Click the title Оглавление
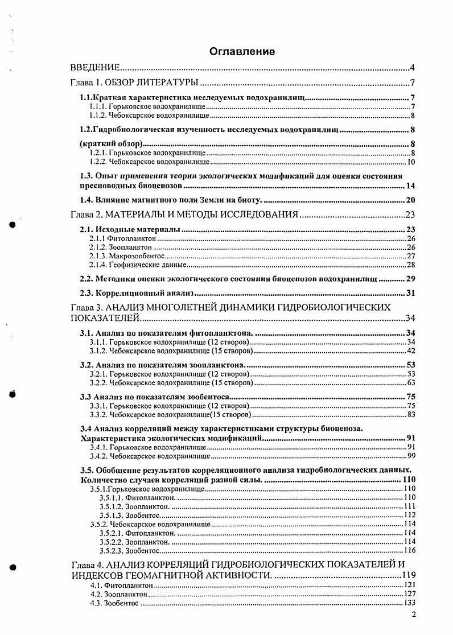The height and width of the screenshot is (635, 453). [x=242, y=52]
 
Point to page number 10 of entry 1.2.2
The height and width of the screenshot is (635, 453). [x=411, y=163]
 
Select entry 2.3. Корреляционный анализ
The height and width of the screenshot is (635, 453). [x=137, y=293]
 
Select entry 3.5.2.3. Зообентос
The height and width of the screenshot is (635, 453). [x=130, y=551]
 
